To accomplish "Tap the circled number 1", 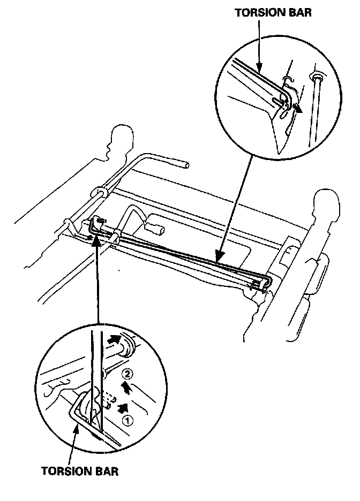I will [x=127, y=420].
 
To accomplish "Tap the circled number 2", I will [x=126, y=373].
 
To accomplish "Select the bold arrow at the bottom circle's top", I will [x=115, y=339].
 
